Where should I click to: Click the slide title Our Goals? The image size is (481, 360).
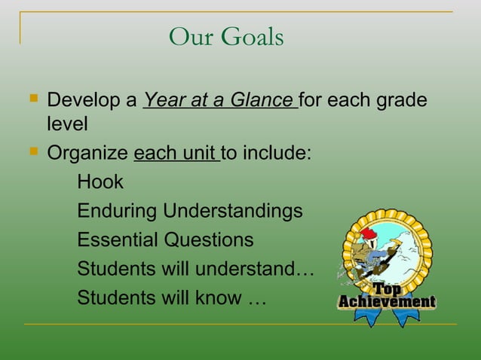point(226,36)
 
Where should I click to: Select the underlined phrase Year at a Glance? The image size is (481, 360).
point(219,100)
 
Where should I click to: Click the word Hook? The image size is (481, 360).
point(100,182)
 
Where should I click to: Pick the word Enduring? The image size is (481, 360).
point(118,212)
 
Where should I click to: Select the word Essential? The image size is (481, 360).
point(117,240)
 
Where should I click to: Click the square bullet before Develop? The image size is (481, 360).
point(31,99)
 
